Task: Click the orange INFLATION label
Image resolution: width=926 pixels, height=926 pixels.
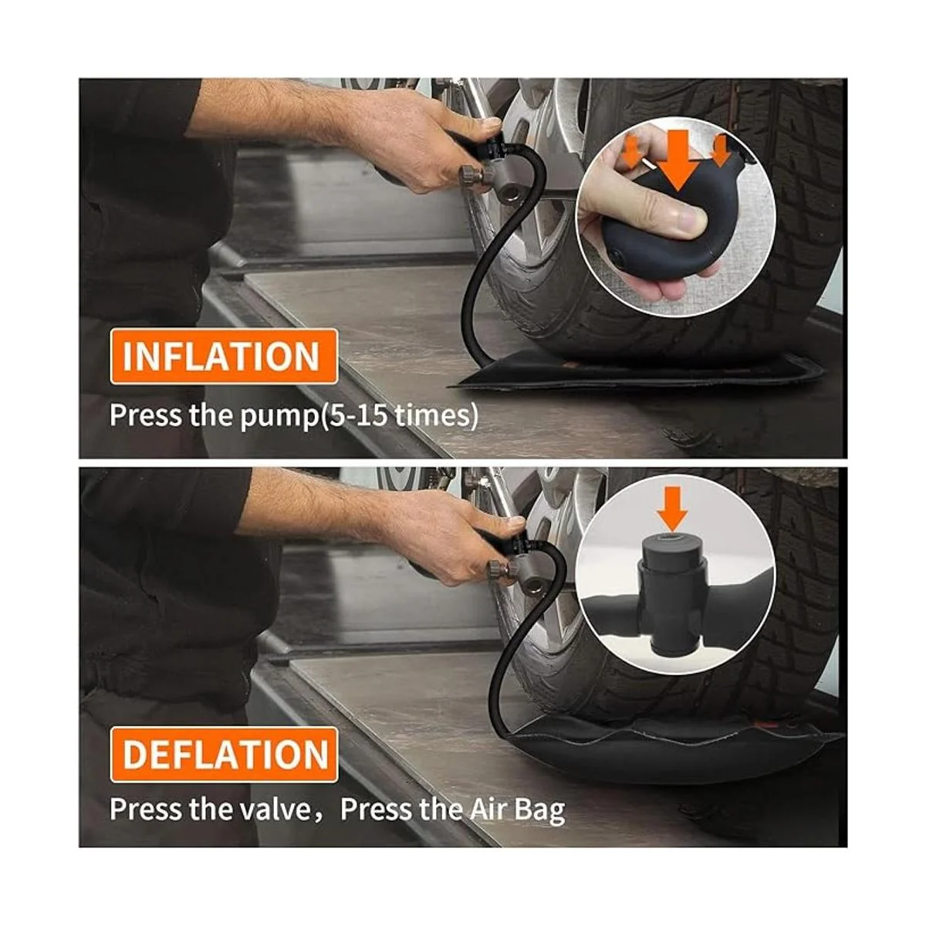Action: tap(224, 356)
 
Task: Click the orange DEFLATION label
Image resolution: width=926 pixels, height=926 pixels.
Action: tap(225, 755)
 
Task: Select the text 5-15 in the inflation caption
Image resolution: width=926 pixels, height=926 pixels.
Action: tap(355, 415)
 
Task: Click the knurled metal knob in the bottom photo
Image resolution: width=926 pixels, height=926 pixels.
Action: tap(498, 572)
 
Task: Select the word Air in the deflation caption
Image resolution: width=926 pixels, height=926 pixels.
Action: tap(482, 809)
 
